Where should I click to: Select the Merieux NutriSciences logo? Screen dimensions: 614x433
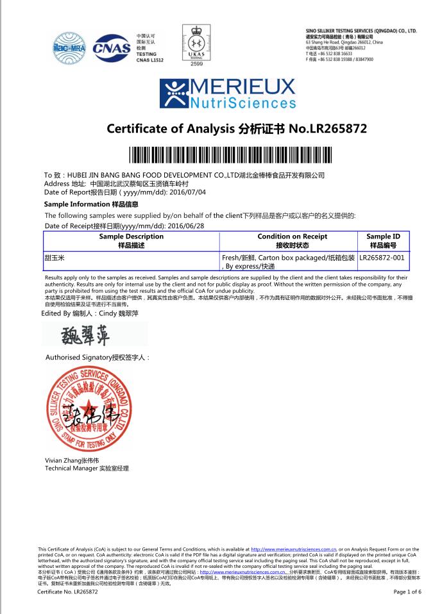point(216,94)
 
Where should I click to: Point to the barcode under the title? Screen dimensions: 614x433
point(216,155)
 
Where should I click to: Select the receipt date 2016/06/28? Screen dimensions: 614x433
point(185,226)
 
